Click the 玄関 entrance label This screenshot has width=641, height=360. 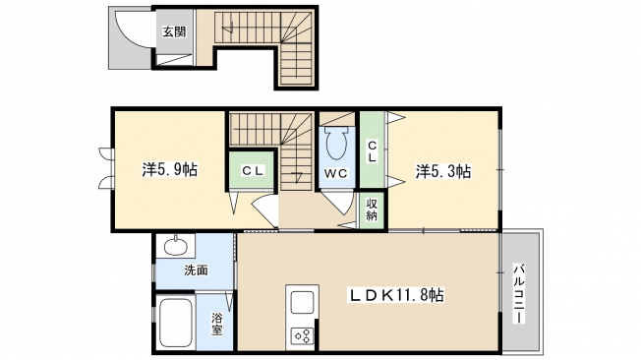[175, 31]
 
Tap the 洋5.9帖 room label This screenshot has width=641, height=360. [170, 169]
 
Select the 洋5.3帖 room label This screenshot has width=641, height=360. [443, 171]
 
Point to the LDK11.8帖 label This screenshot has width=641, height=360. [395, 295]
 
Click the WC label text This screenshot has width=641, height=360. [336, 173]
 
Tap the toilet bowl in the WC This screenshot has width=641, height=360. [336, 144]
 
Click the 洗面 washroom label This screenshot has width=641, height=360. [197, 270]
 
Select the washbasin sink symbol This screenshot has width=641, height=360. [176, 246]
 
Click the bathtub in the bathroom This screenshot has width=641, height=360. [176, 323]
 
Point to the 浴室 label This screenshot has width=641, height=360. [216, 324]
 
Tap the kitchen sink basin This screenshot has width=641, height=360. [302, 303]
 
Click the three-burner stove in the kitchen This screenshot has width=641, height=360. [302, 336]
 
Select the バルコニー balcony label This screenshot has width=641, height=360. [519, 294]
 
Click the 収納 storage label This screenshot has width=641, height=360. [372, 210]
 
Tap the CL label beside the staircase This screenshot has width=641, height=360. [253, 170]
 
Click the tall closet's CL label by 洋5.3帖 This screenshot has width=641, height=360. [372, 151]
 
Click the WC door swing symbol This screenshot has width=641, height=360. [338, 202]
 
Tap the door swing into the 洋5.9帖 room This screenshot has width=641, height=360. [264, 210]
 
